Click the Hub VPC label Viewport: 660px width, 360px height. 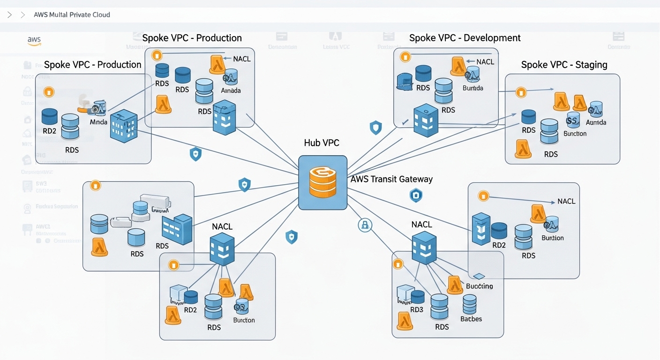point(322,143)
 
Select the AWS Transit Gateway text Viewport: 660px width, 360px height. point(391,179)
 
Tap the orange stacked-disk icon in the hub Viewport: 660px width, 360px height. point(323,182)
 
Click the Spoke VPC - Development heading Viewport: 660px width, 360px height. point(465,38)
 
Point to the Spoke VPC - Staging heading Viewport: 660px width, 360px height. point(564,65)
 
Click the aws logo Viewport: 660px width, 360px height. point(34,41)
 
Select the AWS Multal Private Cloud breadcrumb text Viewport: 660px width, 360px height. point(72,15)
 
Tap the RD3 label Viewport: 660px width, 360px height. point(417,310)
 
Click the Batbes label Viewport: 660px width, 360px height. point(471,319)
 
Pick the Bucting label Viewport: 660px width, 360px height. point(479,286)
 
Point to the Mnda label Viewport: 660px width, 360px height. point(98,122)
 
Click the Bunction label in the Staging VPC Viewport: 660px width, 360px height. point(575,134)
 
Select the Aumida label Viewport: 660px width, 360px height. point(596,122)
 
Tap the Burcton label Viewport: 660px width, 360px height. point(244,320)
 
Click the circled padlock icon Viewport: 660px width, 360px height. point(365,225)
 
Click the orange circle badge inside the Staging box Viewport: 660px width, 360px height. point(521,92)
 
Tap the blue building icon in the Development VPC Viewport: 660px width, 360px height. point(425,120)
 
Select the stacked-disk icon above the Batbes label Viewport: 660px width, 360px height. point(469,304)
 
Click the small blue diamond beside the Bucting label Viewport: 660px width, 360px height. point(478,276)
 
